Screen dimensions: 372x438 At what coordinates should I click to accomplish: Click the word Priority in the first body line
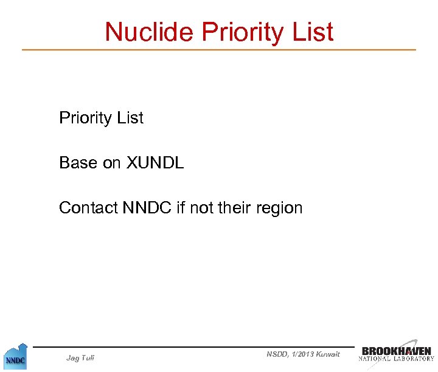(86, 118)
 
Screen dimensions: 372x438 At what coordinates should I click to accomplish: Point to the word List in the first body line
(130, 117)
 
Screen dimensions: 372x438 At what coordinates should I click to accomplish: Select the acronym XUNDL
(155, 163)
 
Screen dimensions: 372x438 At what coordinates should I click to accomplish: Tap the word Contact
(88, 208)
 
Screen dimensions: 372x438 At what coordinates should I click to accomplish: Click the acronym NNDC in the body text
(147, 208)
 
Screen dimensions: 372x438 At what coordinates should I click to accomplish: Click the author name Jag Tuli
(80, 358)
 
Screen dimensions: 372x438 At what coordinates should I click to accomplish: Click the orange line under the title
(219, 49)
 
